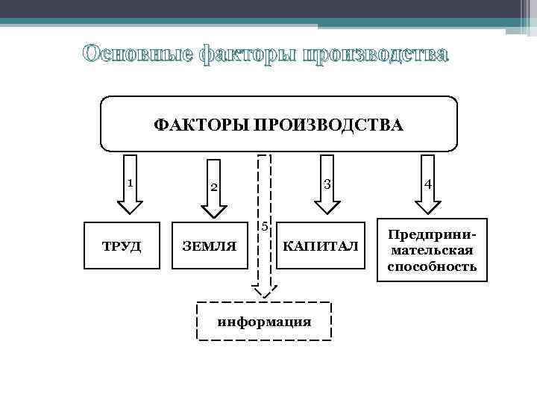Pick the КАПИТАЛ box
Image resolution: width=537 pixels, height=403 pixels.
pyautogui.click(x=321, y=246)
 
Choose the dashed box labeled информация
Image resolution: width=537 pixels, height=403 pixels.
pyautogui.click(x=263, y=322)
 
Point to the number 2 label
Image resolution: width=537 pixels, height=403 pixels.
pyautogui.click(x=213, y=187)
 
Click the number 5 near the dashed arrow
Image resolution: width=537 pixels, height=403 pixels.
pyautogui.click(x=264, y=226)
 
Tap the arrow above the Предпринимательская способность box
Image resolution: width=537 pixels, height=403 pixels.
pyautogui.click(x=428, y=184)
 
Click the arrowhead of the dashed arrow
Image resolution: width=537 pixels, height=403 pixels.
pyautogui.click(x=263, y=290)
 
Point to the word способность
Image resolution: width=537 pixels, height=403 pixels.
pyautogui.click(x=432, y=266)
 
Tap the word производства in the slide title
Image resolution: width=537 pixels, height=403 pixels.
pyautogui.click(x=374, y=55)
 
